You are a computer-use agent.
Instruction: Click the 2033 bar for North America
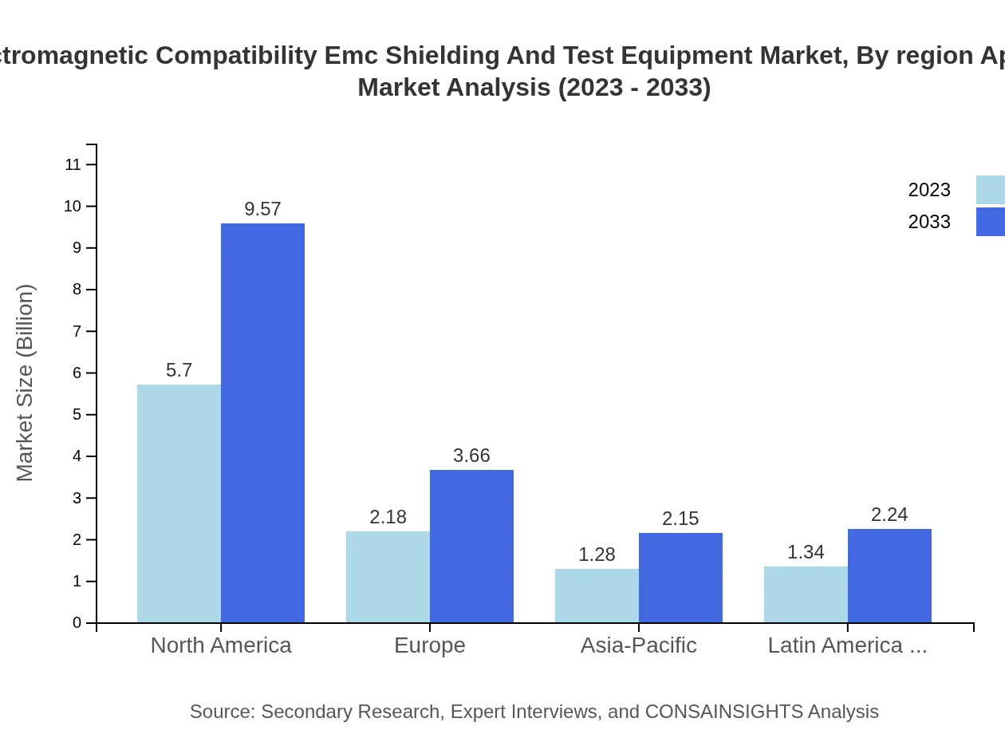click(262, 423)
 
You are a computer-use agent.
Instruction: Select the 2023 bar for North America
click(179, 503)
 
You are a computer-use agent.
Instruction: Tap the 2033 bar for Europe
click(471, 547)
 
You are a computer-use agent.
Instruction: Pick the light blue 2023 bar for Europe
click(388, 577)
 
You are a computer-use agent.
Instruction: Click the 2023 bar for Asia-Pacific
click(597, 596)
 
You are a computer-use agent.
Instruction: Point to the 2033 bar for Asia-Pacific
click(680, 578)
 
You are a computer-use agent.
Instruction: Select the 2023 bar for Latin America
click(806, 594)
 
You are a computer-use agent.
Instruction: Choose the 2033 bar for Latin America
click(889, 576)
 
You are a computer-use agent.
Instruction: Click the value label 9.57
click(262, 209)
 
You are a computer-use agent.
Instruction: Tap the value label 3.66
click(471, 456)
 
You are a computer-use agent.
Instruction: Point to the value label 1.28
click(597, 554)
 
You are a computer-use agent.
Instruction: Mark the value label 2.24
click(889, 515)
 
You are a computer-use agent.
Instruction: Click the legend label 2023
click(929, 190)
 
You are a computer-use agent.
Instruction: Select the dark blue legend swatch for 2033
click(990, 222)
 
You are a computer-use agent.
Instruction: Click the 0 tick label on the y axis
click(77, 623)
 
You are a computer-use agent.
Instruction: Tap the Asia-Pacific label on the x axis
click(638, 645)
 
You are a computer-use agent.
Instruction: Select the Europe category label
click(429, 645)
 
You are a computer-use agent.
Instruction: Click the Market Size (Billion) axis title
click(25, 383)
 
